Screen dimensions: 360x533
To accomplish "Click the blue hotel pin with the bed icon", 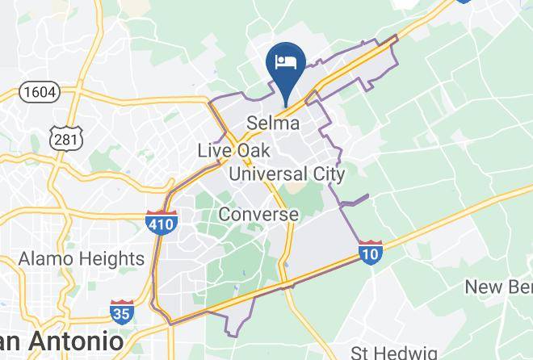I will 284,66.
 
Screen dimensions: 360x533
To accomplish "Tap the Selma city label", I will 273,123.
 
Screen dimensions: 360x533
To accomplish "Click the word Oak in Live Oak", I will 254,151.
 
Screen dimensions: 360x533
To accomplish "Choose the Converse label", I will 258,215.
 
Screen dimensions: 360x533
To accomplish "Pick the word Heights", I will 111,259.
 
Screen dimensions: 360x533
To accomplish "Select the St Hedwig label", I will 394,353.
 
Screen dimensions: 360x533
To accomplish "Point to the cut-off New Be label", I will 497,287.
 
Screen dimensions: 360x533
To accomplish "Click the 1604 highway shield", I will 40,92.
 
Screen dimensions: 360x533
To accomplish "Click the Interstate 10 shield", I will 371,253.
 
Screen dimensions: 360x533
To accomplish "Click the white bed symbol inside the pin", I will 285,61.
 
